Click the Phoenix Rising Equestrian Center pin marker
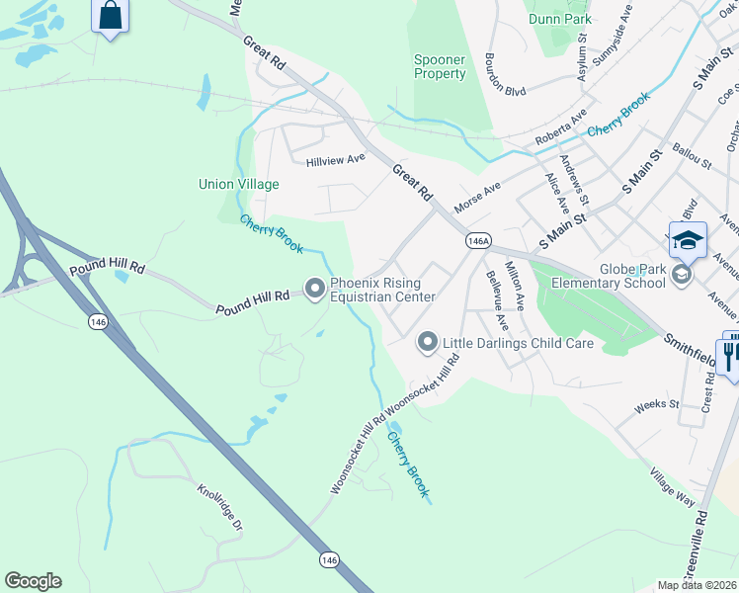[315, 289]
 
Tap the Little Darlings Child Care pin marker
[428, 342]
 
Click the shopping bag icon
[110, 16]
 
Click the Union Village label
[239, 184]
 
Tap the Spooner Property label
[440, 67]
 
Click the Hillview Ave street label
[336, 159]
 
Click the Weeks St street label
[657, 404]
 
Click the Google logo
[33, 581]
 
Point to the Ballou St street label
[693, 158]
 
